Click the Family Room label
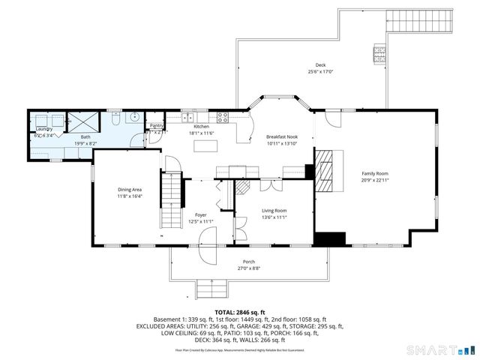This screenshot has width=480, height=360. click(374, 173)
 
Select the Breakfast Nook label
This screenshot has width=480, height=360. click(282, 136)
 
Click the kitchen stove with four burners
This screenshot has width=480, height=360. click(222, 116)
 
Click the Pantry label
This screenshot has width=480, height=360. click(157, 126)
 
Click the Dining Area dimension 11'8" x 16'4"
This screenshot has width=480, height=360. click(130, 196)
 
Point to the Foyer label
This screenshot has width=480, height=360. click(201, 214)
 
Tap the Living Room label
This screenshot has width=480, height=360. click(274, 211)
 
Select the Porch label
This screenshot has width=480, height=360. click(248, 261)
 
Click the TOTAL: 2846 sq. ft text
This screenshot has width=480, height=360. click(240, 311)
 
